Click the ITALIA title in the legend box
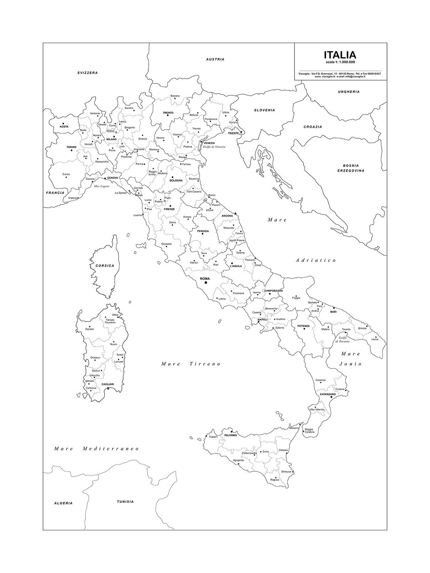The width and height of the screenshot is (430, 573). click(x=340, y=55)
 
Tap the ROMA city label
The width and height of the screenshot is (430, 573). click(x=205, y=278)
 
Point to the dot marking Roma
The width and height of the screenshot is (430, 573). click(x=206, y=283)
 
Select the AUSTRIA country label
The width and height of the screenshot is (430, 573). click(x=215, y=59)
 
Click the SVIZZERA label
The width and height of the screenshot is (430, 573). click(x=87, y=73)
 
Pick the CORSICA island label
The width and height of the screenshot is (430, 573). click(x=105, y=266)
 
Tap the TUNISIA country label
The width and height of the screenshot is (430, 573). click(x=125, y=501)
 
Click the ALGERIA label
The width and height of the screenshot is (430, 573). click(x=63, y=503)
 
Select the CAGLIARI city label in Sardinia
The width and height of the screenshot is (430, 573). click(x=107, y=384)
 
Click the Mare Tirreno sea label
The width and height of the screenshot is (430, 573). click(x=191, y=364)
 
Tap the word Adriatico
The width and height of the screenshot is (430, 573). click(x=316, y=260)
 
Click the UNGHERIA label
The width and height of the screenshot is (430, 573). click(x=349, y=92)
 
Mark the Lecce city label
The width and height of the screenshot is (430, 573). click(x=375, y=339)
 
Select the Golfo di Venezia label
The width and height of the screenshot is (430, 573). click(x=215, y=147)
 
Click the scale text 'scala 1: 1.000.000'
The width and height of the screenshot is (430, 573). click(x=340, y=62)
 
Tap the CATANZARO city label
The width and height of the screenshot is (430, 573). click(x=328, y=394)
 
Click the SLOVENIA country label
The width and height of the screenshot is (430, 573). click(x=264, y=110)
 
